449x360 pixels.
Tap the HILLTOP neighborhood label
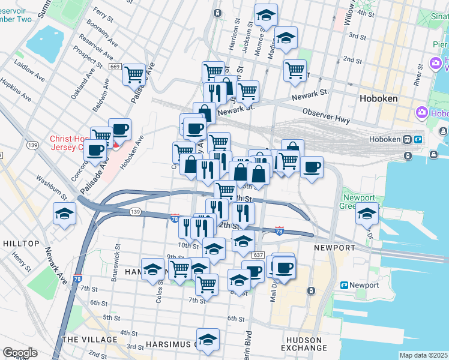click(21, 244)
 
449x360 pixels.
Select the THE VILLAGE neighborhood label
click(89, 340)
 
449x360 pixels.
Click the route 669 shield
click(115, 67)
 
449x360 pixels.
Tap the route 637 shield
click(258, 256)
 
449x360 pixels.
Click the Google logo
click(20, 353)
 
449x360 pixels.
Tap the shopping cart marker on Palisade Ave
click(134, 74)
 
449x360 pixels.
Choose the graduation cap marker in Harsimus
click(208, 339)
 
